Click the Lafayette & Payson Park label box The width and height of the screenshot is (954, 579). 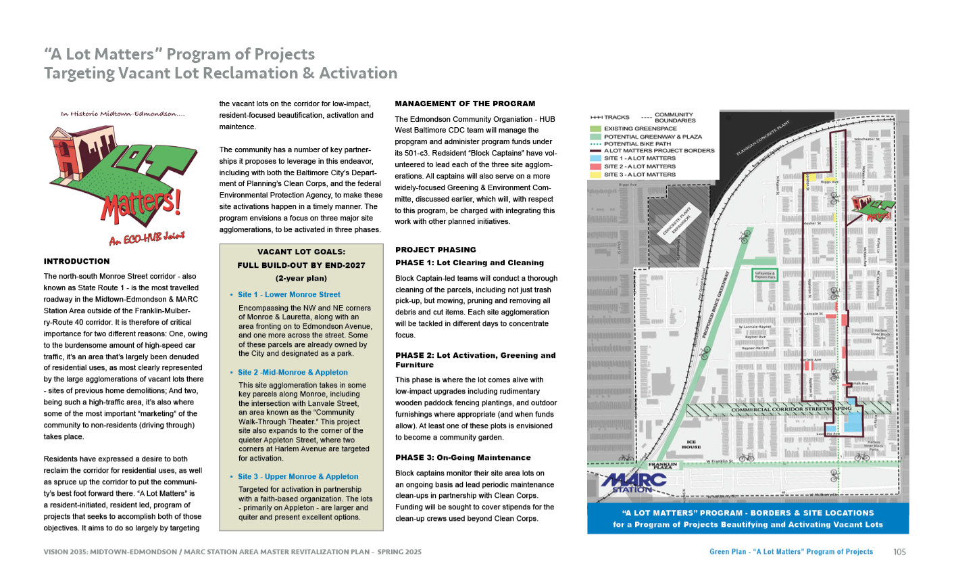[765, 275]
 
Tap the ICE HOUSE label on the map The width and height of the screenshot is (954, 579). [691, 444]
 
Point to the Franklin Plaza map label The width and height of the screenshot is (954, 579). [663, 466]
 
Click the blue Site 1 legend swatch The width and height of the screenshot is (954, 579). [595, 158]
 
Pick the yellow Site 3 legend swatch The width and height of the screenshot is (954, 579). [595, 175]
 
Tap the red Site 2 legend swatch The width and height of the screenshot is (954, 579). [595, 166]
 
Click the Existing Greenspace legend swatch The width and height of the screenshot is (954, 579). [595, 129]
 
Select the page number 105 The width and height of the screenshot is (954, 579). [899, 552]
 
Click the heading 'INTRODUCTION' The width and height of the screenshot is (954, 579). [76, 261]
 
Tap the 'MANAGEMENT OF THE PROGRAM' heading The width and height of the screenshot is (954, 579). [465, 104]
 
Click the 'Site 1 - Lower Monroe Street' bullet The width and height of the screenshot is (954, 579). [289, 295]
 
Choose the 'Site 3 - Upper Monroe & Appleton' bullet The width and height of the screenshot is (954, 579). [298, 477]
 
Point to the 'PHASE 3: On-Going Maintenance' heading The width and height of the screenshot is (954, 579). [463, 458]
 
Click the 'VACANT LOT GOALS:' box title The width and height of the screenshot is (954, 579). [301, 252]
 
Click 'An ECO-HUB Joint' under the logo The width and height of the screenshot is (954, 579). [147, 238]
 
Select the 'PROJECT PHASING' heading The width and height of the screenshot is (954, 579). [436, 250]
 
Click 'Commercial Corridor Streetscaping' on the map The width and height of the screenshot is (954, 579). [791, 409]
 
